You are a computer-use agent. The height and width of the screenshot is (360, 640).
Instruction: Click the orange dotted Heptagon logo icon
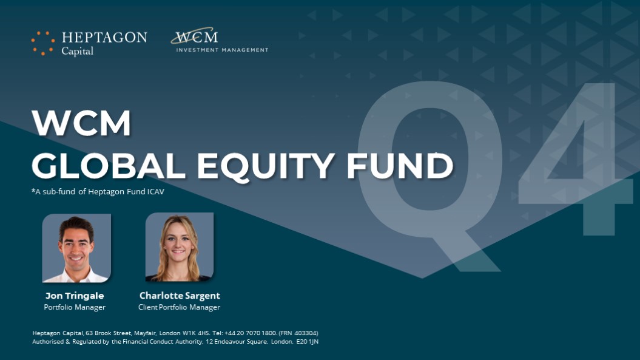tap(43, 43)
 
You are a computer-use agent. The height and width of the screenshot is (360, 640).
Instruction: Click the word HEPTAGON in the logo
tap(104, 38)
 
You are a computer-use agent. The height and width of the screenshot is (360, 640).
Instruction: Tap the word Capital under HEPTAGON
tap(78, 51)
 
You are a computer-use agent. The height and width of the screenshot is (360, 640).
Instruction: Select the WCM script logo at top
tap(194, 36)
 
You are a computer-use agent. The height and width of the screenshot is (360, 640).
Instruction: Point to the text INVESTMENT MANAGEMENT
tap(222, 50)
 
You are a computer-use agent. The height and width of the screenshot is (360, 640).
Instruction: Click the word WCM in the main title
tap(81, 123)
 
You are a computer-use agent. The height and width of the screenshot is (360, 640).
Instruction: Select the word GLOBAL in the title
tap(109, 166)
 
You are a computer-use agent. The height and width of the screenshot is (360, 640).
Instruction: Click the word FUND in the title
tap(400, 166)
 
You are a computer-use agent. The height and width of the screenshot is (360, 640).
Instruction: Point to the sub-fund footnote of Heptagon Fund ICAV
tap(98, 191)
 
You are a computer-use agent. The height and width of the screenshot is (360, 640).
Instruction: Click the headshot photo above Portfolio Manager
tap(76, 248)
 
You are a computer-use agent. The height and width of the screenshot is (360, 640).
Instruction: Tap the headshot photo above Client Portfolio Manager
tap(180, 247)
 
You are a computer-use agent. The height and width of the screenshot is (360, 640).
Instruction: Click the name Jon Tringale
tap(75, 296)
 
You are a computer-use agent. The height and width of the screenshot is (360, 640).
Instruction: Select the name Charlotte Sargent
tap(180, 296)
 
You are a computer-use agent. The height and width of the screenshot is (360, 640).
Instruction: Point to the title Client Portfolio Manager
tap(179, 307)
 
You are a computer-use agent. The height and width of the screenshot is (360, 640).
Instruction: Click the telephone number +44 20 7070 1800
tap(251, 333)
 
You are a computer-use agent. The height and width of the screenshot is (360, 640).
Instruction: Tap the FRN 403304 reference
tap(298, 333)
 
